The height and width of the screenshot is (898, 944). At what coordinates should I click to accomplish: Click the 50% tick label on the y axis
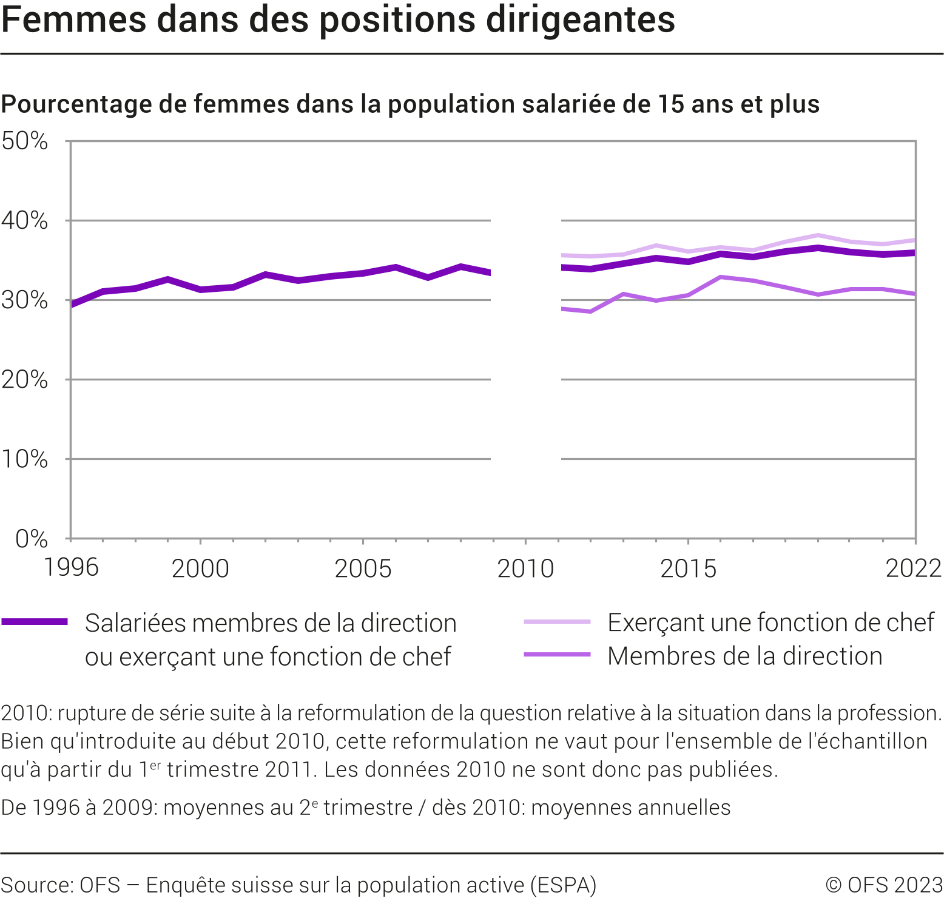point(24,141)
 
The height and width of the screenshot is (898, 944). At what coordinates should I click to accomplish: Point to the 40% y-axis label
point(24,220)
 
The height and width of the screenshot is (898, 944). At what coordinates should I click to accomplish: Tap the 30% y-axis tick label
point(24,300)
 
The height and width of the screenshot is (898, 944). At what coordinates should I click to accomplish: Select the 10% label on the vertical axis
point(24,459)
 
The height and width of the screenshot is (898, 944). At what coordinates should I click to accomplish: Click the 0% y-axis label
point(31,538)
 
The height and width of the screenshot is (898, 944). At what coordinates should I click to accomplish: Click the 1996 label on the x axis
point(71,568)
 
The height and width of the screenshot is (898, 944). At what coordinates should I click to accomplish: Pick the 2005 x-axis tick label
point(363,569)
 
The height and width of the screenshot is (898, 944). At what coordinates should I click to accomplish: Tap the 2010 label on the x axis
point(525,569)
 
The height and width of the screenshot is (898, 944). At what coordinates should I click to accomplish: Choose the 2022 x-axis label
point(914,569)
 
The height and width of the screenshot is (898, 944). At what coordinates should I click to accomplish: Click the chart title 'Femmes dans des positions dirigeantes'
point(338,19)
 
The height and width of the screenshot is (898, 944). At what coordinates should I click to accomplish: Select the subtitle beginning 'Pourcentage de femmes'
point(410,104)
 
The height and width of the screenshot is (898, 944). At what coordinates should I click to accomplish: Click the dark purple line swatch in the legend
point(35,621)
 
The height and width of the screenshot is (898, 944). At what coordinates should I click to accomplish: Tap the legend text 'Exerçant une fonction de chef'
point(770,623)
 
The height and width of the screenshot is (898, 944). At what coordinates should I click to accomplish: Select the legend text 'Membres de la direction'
point(744,656)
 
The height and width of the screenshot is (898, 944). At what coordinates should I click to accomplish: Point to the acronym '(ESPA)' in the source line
point(564,885)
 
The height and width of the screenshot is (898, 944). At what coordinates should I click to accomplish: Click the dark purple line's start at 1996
point(72,304)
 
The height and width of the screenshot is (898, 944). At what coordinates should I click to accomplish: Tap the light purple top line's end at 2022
point(914,240)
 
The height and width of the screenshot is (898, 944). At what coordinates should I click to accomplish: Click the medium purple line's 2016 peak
point(720,277)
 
